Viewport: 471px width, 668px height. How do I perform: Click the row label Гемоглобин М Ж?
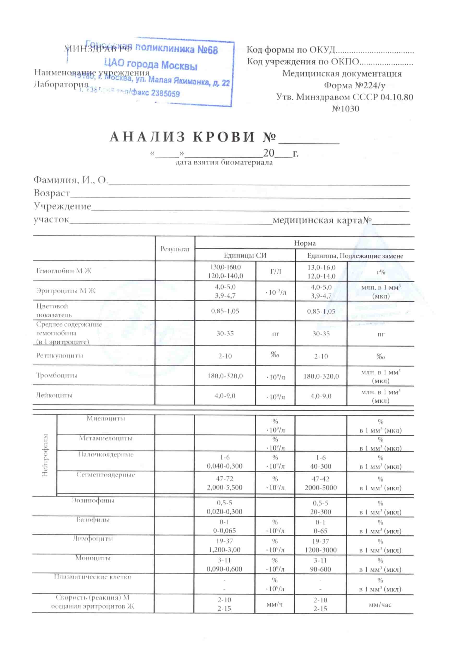(x=63, y=271)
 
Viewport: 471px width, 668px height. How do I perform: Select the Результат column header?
(x=175, y=249)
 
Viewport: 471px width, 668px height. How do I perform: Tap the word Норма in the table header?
(x=305, y=243)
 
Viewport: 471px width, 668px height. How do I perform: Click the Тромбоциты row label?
(x=57, y=375)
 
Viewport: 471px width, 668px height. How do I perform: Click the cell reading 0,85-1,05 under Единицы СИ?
(x=225, y=311)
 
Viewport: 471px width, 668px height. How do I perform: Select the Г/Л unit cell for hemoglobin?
(x=276, y=271)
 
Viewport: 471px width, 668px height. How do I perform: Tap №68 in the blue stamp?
(x=207, y=50)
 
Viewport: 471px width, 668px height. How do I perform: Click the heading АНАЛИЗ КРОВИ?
(x=182, y=137)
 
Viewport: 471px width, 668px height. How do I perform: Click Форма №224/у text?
(x=354, y=85)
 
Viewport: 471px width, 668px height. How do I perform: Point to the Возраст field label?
(x=52, y=193)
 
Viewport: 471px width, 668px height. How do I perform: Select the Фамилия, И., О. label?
(x=71, y=180)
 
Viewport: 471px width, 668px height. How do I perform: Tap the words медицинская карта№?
(x=322, y=220)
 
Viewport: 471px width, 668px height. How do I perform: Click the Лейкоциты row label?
(x=54, y=395)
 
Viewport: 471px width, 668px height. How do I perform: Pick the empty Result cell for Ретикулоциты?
(x=175, y=356)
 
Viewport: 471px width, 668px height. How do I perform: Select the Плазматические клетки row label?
(x=93, y=577)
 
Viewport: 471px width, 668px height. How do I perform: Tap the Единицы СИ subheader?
(x=245, y=255)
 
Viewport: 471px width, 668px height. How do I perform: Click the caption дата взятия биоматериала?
(x=224, y=162)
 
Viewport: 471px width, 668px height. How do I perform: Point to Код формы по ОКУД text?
(x=291, y=50)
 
